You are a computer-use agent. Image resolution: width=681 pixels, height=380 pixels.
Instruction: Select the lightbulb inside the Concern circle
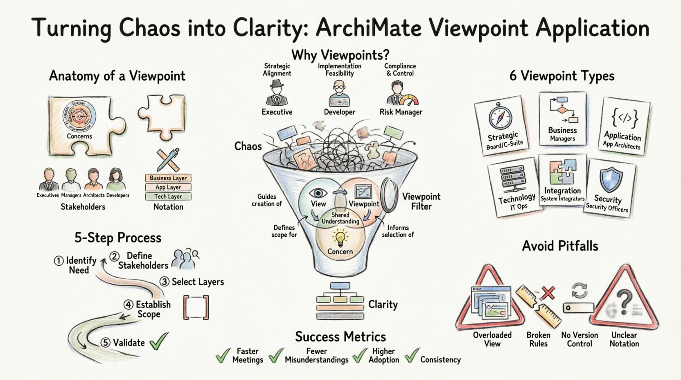(x=340, y=237)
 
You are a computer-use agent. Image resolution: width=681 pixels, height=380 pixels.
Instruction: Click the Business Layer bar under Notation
(x=168, y=178)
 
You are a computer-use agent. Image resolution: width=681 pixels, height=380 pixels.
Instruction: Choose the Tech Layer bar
(x=168, y=197)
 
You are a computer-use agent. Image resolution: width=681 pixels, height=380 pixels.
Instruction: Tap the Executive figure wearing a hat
(x=277, y=93)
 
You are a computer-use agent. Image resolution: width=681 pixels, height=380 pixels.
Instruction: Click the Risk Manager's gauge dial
(x=409, y=101)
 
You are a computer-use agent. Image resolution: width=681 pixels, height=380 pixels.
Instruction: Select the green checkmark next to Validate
(x=159, y=341)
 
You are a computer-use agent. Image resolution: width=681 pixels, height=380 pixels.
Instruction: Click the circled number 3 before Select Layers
(x=164, y=282)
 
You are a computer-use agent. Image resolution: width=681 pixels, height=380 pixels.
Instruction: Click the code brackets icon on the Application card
(x=625, y=118)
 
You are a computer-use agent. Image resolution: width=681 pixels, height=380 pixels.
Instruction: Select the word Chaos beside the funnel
(x=248, y=146)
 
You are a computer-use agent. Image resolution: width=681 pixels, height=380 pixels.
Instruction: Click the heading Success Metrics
(x=340, y=337)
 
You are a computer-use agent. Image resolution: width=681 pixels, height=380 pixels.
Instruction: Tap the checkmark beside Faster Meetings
(x=223, y=355)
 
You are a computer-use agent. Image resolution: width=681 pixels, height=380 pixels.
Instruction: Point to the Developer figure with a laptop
(x=339, y=94)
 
